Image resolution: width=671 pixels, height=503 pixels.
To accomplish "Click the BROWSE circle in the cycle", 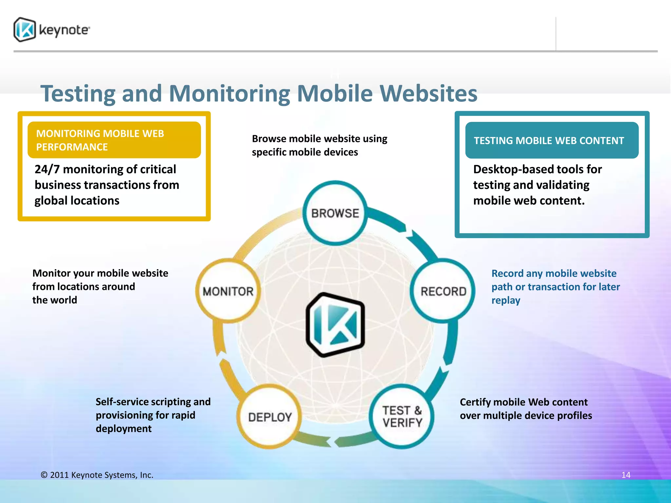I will point(335,213).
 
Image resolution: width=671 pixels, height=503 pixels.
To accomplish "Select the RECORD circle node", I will point(443,291).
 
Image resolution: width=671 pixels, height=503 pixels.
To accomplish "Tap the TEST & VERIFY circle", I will point(402,416).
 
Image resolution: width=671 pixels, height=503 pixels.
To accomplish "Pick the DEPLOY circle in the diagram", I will point(270,417).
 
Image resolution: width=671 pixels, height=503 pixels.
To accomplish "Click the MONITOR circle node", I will point(228,291).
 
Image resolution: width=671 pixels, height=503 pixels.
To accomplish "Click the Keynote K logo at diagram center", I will point(335,325).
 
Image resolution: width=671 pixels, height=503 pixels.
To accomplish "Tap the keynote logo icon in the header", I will point(25,29).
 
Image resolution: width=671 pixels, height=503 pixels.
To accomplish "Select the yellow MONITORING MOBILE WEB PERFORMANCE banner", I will point(114,140).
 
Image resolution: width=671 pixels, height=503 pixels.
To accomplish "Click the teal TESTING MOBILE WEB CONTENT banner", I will point(551,140).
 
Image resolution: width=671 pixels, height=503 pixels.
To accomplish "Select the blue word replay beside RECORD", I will point(506,300).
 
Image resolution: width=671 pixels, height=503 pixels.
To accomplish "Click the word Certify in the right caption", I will point(475,402).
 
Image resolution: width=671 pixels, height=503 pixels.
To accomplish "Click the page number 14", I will point(625,475).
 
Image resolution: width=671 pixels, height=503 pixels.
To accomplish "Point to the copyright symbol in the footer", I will point(44,475).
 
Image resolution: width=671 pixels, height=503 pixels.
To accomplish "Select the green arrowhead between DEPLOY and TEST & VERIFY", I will point(328,442).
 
